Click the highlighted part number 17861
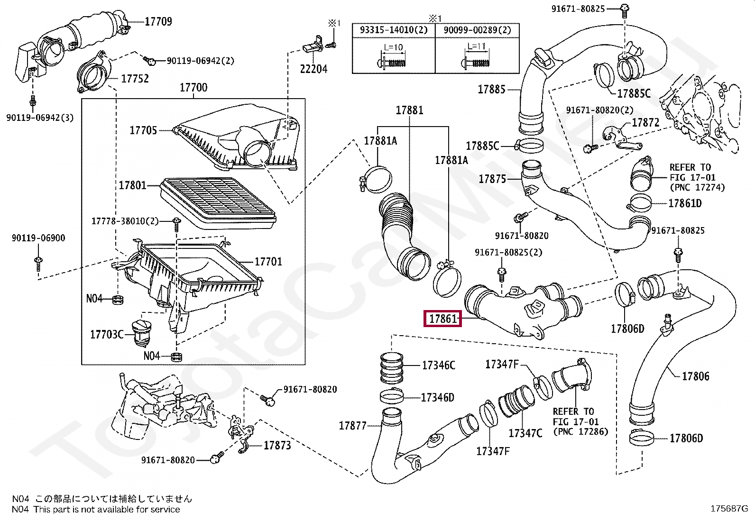click(442, 319)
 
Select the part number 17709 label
click(158, 21)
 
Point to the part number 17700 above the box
click(193, 87)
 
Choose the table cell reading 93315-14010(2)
click(394, 30)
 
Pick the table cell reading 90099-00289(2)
click(477, 30)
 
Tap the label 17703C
click(107, 334)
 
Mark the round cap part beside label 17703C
click(141, 333)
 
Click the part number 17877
click(352, 425)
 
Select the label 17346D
click(438, 398)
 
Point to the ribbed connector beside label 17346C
click(392, 368)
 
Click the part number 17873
click(277, 445)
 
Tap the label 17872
click(645, 122)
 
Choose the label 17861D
click(685, 203)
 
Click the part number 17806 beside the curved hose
click(696, 376)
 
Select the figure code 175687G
click(729, 509)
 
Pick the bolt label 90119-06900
click(38, 238)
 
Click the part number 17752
click(135, 79)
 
